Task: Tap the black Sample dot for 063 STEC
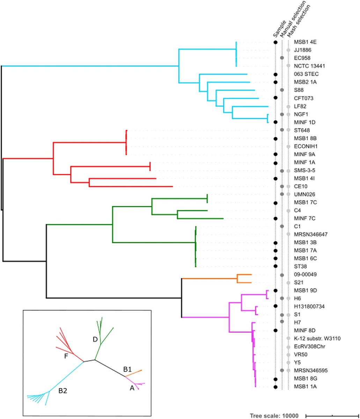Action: pyautogui.click(x=275, y=74)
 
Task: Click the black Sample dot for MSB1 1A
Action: pyautogui.click(x=275, y=387)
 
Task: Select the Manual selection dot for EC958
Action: pyautogui.click(x=282, y=58)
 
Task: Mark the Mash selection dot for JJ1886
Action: pyautogui.click(x=288, y=50)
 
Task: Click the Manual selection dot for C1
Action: pyautogui.click(x=282, y=226)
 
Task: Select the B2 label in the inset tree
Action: pyautogui.click(x=63, y=392)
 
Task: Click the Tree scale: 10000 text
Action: pyautogui.click(x=274, y=416)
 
